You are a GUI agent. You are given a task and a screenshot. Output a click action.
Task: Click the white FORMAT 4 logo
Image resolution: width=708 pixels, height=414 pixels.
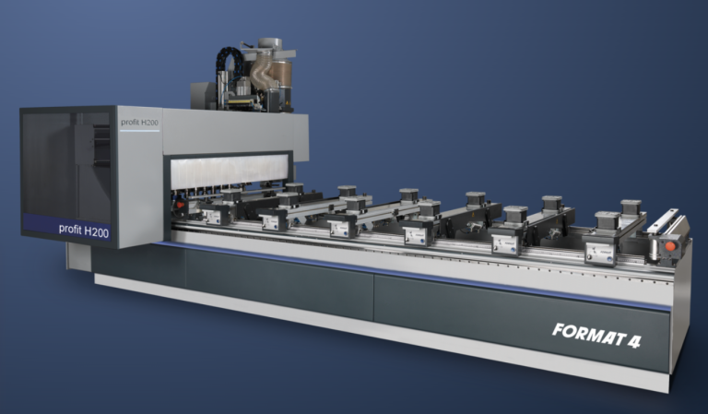(596, 335)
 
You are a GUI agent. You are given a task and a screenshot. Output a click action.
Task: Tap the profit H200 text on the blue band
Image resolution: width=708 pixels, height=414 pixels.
(84, 231)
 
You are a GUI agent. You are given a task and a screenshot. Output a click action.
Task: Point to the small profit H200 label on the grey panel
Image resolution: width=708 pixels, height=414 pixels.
(139, 123)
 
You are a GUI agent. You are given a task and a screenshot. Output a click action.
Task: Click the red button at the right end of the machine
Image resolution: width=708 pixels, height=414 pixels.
(670, 246)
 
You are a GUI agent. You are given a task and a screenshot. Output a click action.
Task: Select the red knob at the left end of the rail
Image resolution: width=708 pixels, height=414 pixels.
(180, 205)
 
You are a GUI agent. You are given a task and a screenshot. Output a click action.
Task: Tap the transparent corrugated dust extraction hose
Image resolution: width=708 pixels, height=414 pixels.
(261, 72)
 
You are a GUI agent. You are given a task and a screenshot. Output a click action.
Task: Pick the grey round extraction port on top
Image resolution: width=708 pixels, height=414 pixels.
(270, 43)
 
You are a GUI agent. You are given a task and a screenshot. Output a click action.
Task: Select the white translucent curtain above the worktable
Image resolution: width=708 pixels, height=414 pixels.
(230, 172)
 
